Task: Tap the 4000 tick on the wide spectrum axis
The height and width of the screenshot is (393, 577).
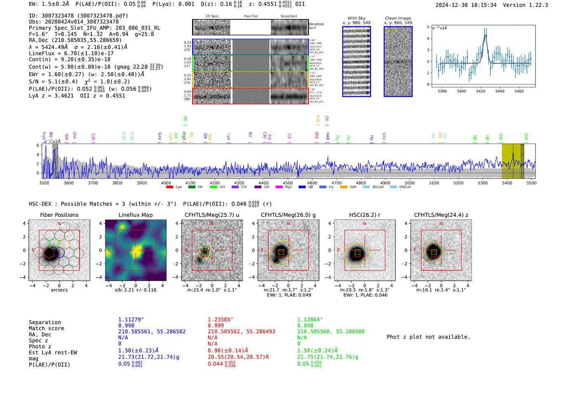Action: tap(166, 183)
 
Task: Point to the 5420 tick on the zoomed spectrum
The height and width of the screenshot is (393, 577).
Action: tap(481, 91)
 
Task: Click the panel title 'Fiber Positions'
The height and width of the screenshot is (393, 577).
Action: tap(59, 215)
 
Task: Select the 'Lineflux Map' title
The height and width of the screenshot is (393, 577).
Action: tap(136, 215)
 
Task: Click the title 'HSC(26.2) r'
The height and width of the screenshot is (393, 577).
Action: tap(364, 215)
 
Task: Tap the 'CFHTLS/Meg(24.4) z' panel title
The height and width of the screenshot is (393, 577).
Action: tap(441, 215)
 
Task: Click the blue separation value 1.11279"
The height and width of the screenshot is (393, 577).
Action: tap(131, 320)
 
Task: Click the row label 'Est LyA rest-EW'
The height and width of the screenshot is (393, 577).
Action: tap(53, 353)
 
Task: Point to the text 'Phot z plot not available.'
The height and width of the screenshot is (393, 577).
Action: tap(428, 337)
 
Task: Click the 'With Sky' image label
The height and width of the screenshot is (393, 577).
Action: tap(357, 18)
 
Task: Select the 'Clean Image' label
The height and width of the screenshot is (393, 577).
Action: tap(398, 18)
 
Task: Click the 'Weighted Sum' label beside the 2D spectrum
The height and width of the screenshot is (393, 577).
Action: tap(316, 26)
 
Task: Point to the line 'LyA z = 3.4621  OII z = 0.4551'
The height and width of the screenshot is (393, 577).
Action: tap(77, 96)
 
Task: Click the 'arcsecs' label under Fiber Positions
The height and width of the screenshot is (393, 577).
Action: tap(59, 290)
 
